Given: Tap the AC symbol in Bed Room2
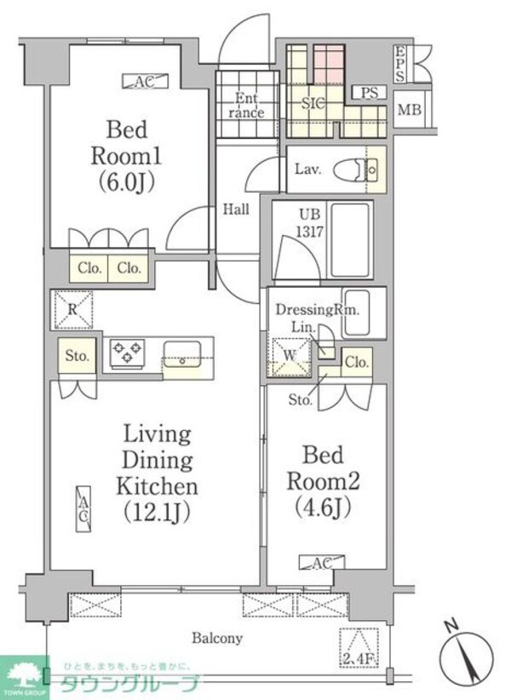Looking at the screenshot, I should (x=314, y=561).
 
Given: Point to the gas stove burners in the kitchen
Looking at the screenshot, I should (x=126, y=353).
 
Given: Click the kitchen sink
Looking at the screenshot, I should (x=181, y=353).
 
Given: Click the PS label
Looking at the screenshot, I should (x=369, y=93).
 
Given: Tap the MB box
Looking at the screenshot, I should (x=411, y=109).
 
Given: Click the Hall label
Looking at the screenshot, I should (x=236, y=209).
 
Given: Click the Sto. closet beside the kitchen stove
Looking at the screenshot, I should (x=78, y=356).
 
